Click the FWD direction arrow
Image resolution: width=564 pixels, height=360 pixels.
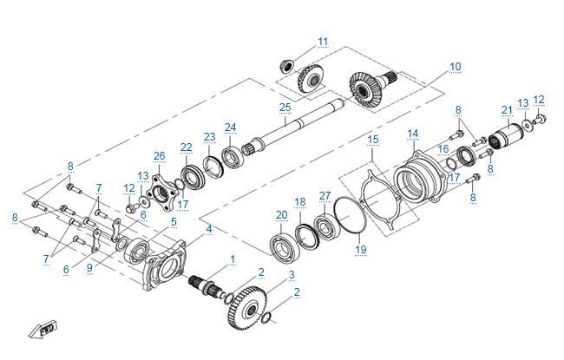coord(43,329)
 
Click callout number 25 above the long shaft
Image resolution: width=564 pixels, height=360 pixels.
coord(285,108)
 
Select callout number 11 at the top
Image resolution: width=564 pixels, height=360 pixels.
coord(323,42)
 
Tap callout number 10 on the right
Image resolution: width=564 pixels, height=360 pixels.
coord(455,67)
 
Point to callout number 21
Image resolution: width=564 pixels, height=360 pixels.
coord(507,110)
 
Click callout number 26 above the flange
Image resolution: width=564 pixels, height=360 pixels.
coord(159,156)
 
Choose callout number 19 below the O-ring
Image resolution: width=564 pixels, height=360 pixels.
coord(361,249)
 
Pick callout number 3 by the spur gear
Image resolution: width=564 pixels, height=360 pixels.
coord(292,275)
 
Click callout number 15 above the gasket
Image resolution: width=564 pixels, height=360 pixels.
coord(373,139)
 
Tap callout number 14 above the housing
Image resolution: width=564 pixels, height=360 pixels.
coord(412,134)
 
